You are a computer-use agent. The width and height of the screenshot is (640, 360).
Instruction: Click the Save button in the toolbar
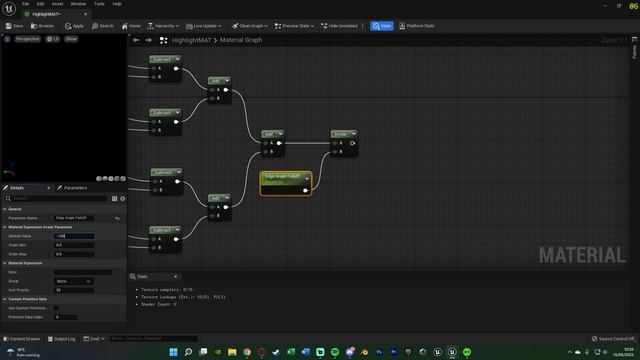click(15, 26)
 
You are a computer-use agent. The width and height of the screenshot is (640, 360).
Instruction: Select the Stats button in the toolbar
click(381, 26)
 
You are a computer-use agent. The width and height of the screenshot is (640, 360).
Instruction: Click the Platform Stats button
click(416, 26)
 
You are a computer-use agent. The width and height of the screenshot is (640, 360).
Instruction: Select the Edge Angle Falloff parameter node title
click(283, 176)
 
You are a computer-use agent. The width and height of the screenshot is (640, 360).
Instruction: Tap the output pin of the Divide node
click(352, 143)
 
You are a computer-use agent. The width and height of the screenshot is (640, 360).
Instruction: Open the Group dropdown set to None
click(75, 281)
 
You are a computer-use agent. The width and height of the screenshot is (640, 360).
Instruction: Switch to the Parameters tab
click(73, 188)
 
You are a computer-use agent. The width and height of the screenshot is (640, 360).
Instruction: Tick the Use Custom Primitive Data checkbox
click(57, 308)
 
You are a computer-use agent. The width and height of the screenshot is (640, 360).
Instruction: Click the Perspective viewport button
click(26, 38)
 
